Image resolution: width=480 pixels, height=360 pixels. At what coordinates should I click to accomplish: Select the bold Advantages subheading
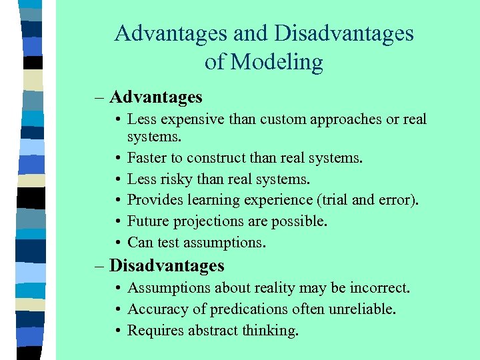pyautogui.click(x=155, y=97)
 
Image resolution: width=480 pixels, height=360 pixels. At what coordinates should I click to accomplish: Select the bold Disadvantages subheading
pyautogui.click(x=167, y=265)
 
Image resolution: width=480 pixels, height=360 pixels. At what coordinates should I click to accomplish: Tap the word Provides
pyautogui.click(x=153, y=200)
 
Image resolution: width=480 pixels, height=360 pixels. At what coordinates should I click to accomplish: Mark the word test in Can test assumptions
pyautogui.click(x=165, y=242)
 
